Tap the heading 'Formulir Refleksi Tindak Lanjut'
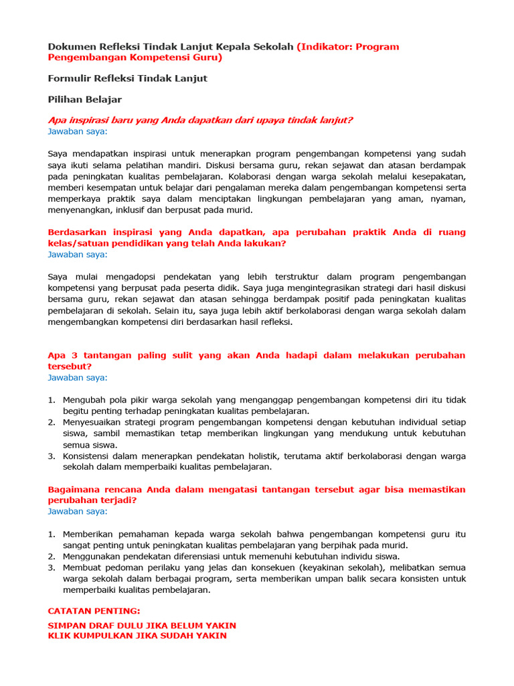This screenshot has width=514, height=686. [x=128, y=78]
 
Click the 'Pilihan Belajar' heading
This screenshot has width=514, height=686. [x=85, y=99]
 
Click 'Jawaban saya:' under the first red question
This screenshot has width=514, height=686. [x=78, y=131]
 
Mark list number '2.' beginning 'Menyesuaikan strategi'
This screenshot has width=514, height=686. [x=52, y=423]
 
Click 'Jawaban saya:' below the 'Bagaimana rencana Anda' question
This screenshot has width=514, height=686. [x=78, y=512]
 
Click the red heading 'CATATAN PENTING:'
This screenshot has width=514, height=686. [x=94, y=612]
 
